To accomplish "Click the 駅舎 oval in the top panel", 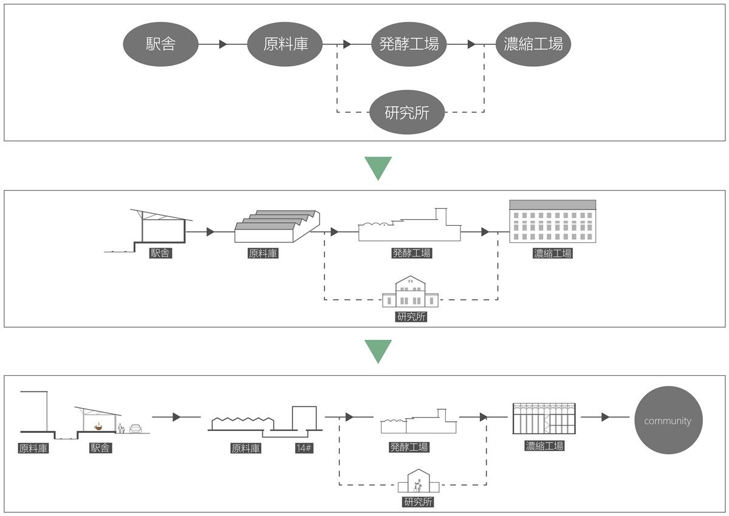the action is [x=160, y=44].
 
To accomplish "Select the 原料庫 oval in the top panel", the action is [x=285, y=44].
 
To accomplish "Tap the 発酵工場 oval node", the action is [x=409, y=44].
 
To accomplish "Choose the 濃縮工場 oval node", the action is [x=533, y=44].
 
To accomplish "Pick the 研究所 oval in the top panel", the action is [x=407, y=112].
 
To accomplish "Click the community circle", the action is [x=668, y=420].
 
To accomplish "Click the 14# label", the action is [x=304, y=449].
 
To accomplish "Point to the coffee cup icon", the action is [x=98, y=427].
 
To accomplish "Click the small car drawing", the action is [x=135, y=429].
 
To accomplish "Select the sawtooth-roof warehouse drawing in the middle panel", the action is [x=277, y=226].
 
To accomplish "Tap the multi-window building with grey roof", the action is [x=553, y=221].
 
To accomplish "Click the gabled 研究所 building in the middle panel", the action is [x=411, y=291].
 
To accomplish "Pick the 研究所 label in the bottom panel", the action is [x=418, y=501].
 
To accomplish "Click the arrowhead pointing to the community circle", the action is [x=605, y=417].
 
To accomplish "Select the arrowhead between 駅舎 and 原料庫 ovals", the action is [x=223, y=44].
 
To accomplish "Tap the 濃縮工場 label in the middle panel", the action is [x=553, y=253].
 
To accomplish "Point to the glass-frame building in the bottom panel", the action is [x=544, y=419].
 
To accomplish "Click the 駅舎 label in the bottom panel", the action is [x=101, y=448].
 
